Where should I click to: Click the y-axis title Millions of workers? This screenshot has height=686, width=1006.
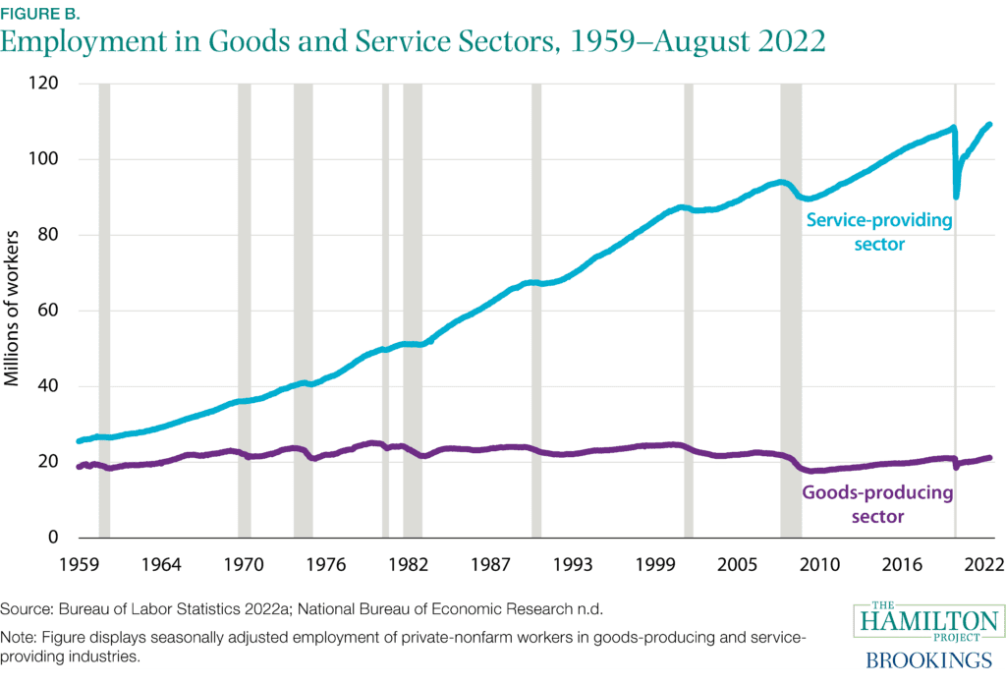15,310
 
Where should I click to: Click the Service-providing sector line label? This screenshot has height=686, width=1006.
879,232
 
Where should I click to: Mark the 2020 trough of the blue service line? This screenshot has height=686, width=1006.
956,197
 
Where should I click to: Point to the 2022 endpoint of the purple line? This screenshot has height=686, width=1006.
990,457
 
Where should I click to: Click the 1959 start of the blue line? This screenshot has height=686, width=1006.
79,441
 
